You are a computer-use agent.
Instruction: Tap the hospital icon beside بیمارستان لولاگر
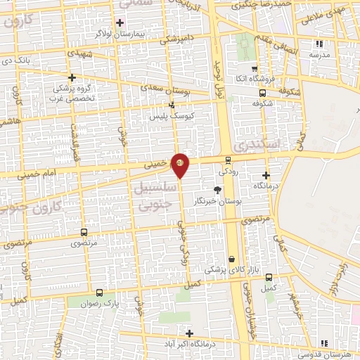click(x=120, y=22)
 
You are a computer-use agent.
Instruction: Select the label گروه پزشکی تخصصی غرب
click(x=72, y=94)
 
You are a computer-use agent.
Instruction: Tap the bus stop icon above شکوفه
click(x=262, y=92)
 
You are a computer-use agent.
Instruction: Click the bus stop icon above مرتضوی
click(x=84, y=232)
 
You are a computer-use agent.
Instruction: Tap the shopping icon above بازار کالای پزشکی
click(x=231, y=259)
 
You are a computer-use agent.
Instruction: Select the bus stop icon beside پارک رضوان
click(x=98, y=292)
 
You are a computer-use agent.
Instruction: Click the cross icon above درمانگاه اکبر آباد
click(x=188, y=333)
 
